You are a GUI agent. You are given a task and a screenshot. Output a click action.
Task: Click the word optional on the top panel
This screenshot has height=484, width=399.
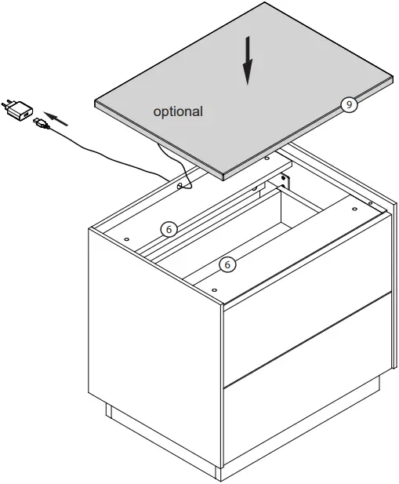click(x=177, y=112)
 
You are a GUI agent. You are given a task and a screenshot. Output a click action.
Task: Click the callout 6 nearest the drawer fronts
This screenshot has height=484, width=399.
click(x=227, y=264)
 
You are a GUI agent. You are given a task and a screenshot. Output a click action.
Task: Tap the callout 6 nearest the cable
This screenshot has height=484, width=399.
click(x=167, y=229)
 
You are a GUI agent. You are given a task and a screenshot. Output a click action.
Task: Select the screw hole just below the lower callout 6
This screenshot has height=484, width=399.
click(x=214, y=289)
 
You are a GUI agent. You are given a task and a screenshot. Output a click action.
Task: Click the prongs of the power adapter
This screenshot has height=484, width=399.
click(x=9, y=103)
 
